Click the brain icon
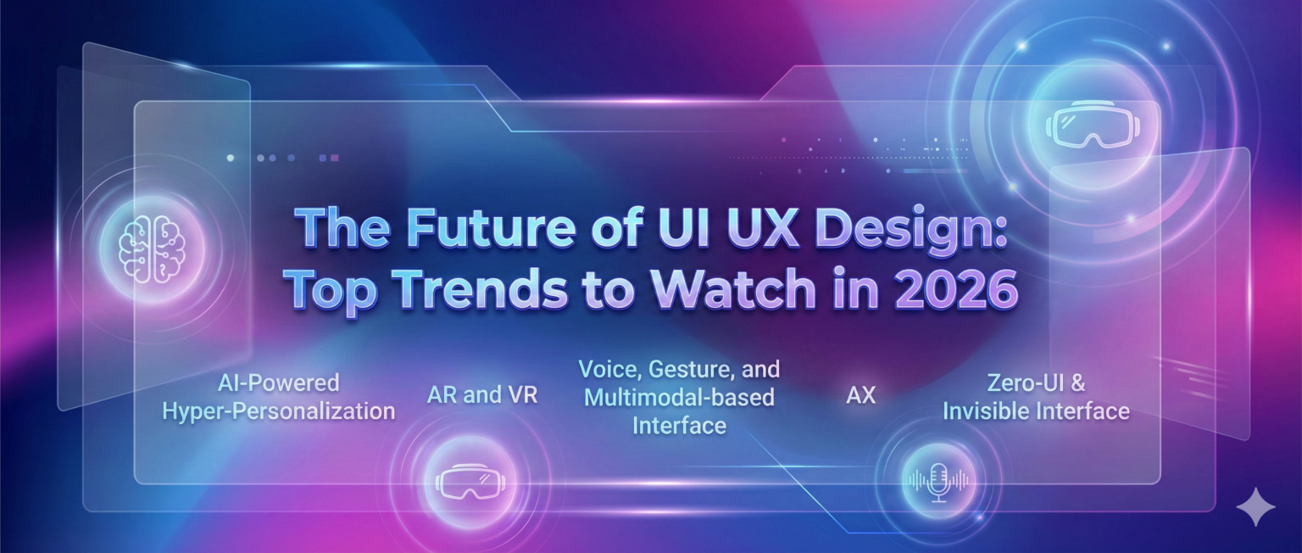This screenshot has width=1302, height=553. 152,246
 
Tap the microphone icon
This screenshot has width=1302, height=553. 938,482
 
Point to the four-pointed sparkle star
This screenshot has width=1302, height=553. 1255,507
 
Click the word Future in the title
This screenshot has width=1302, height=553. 458,230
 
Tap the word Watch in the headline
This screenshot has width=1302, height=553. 729,290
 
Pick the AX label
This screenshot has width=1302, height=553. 860,395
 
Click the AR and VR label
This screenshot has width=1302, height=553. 482,395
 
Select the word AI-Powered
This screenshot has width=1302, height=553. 278,383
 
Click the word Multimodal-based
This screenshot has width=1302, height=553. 679,397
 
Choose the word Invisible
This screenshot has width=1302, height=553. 988,411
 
